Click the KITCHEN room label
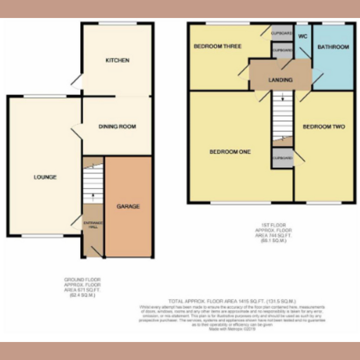pos(117,60)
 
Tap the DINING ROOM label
pos(117,127)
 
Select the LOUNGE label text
pos(45,177)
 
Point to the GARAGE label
pos(128,207)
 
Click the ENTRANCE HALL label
pos(93,225)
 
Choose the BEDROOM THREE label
pos(217,46)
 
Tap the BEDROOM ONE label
pos(230,152)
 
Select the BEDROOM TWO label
pos(324,127)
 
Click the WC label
pos(302,36)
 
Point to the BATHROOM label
pos(333,47)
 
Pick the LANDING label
pos(280,80)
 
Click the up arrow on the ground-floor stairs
pos(93,196)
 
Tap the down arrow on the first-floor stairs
pos(282,97)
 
